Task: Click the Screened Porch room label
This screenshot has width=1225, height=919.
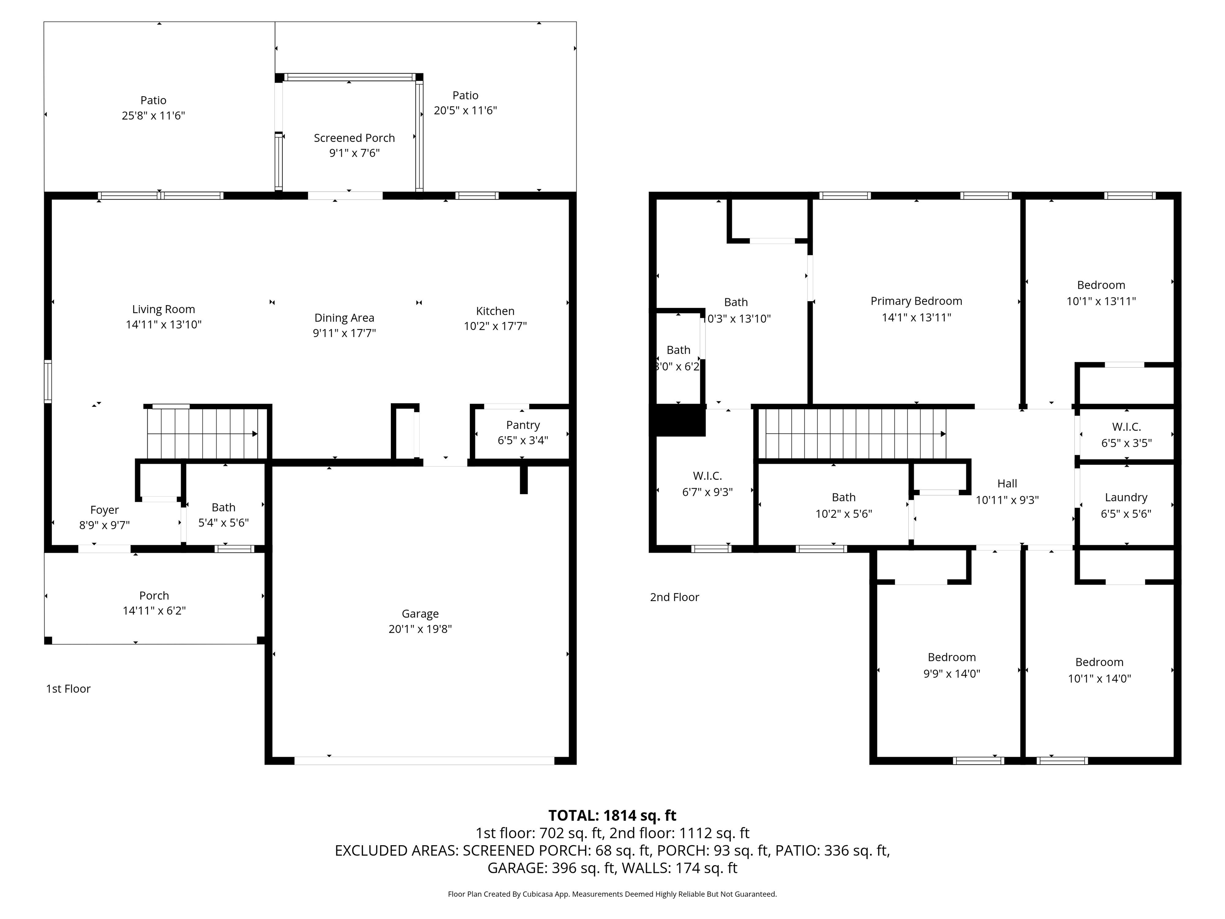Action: (x=355, y=138)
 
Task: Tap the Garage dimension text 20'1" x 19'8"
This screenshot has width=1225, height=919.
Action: (x=420, y=629)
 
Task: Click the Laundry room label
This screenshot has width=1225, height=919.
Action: (x=1126, y=497)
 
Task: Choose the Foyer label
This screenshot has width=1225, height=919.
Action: (x=104, y=510)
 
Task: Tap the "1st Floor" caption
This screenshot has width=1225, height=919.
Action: (x=68, y=688)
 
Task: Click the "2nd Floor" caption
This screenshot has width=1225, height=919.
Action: (x=675, y=597)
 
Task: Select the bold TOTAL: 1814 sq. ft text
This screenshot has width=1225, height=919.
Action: (x=612, y=815)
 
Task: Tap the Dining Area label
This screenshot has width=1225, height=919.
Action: (x=345, y=318)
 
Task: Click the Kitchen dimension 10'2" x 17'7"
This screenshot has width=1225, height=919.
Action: (x=495, y=326)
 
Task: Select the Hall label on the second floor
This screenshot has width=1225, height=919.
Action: (x=1007, y=483)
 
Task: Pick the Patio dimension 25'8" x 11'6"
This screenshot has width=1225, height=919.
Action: (x=154, y=116)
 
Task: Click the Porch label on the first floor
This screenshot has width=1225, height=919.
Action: (x=154, y=596)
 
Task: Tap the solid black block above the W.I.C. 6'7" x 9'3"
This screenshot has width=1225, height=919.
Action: (x=681, y=421)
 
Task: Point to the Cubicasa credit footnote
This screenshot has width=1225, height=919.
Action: (x=612, y=894)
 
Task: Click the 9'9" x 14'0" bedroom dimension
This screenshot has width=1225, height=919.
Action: (x=951, y=674)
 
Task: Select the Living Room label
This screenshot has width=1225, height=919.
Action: (x=163, y=310)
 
